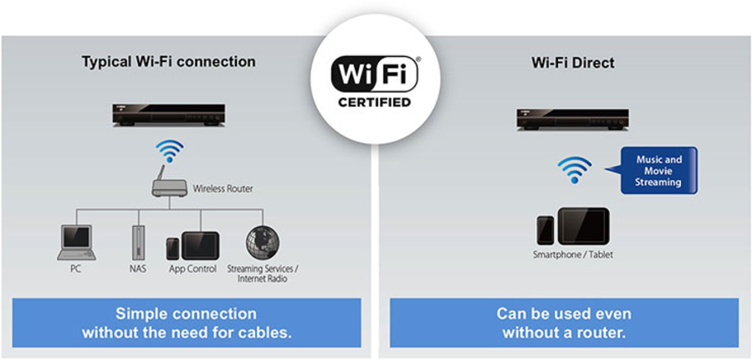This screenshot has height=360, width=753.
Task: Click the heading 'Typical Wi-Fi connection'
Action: tap(168, 62)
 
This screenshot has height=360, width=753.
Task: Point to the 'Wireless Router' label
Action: tap(223, 189)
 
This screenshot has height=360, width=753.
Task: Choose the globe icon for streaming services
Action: tap(262, 243)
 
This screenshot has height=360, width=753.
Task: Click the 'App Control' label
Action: tap(193, 269)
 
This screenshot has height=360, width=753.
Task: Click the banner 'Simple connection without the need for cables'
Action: tap(187, 322)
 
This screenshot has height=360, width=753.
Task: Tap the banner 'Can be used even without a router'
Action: tap(564, 322)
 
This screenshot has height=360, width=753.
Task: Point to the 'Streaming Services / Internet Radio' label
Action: tap(263, 273)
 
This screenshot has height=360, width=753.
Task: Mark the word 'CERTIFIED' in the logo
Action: tap(376, 103)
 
